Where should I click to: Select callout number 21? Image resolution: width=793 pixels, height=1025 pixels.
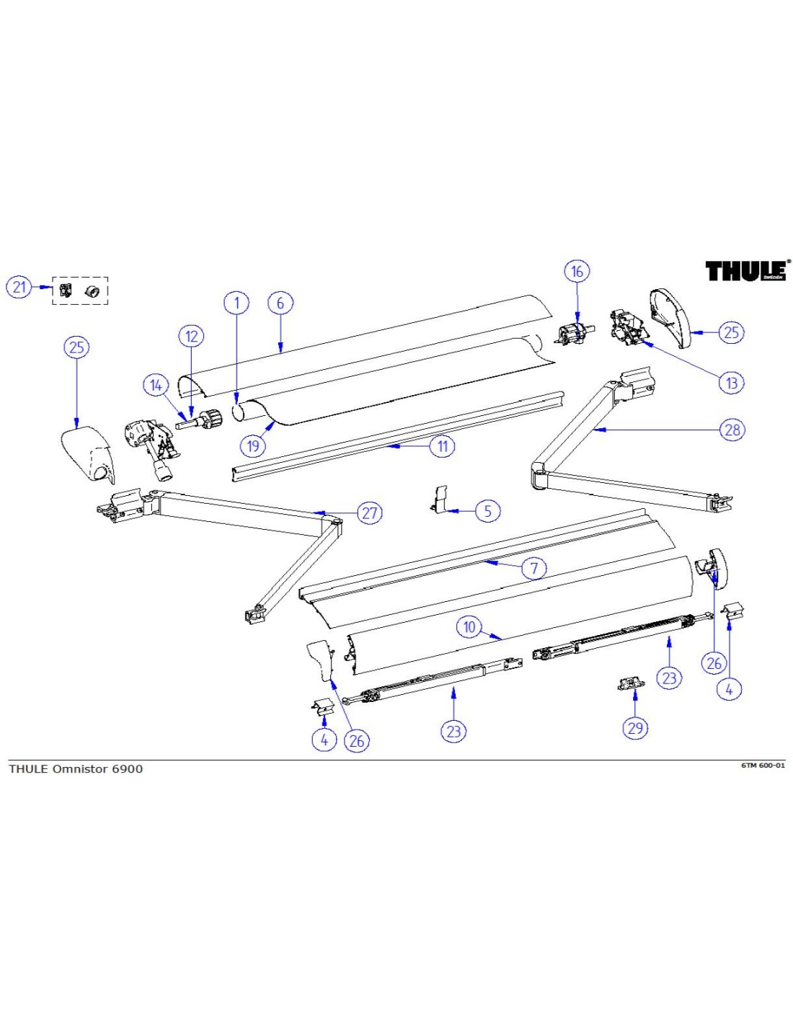point(19,287)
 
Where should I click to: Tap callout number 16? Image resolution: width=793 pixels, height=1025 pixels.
point(577,272)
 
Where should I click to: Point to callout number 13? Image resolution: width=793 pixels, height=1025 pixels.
point(732,383)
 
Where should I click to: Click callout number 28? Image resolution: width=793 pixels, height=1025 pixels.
point(732,430)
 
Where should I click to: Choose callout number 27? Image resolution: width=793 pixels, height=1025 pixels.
point(370,513)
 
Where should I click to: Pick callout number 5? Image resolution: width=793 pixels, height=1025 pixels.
point(487,511)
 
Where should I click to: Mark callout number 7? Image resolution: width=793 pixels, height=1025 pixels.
point(534,568)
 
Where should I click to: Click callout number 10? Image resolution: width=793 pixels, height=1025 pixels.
point(469,626)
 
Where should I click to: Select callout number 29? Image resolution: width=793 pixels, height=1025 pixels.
point(635,727)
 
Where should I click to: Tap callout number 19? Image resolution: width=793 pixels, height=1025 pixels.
point(253,445)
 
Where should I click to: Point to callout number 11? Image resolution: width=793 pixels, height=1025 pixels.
point(443,446)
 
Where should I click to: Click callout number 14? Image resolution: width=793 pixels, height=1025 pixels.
point(156,385)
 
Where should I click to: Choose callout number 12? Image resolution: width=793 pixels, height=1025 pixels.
point(191,336)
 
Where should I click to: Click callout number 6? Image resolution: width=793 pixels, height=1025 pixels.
point(280,303)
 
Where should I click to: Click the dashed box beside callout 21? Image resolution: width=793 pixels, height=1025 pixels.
point(80,290)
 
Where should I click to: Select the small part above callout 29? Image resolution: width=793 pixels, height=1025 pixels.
point(631,683)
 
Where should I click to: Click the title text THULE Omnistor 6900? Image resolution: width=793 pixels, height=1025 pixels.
point(76,768)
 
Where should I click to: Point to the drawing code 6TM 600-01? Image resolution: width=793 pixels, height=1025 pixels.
point(763,765)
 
